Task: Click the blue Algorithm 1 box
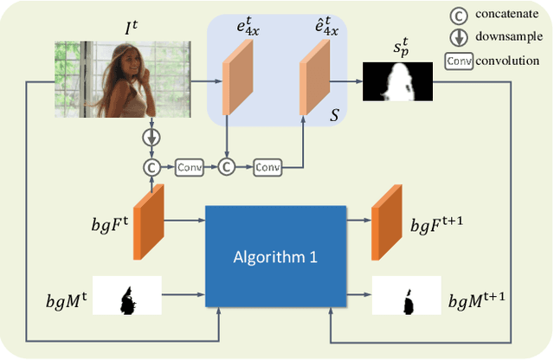click(275, 258)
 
